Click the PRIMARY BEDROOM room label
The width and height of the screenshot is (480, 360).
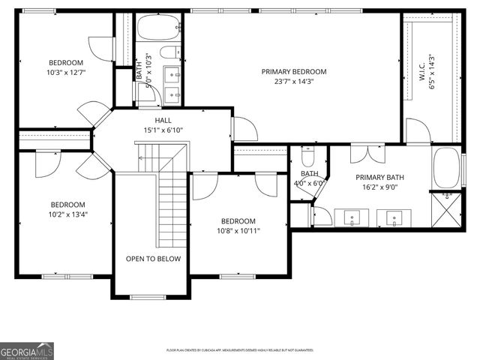292,72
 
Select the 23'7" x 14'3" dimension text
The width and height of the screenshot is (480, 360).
292,82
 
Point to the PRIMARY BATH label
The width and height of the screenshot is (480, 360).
380,177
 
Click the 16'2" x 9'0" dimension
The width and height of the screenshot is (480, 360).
380,187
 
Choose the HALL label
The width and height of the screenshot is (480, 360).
163,120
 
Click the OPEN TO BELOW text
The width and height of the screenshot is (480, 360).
153,259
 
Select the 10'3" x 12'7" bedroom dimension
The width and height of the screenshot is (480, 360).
66,73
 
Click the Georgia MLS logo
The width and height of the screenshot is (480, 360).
27,350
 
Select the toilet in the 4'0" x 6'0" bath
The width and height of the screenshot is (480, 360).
308,157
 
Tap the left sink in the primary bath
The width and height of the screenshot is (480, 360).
351,219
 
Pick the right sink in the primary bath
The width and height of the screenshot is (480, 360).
393,219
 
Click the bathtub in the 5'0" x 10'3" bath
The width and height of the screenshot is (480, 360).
158,28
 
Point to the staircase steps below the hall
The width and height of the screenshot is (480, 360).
171,202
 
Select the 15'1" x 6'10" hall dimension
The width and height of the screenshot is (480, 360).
163,130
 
